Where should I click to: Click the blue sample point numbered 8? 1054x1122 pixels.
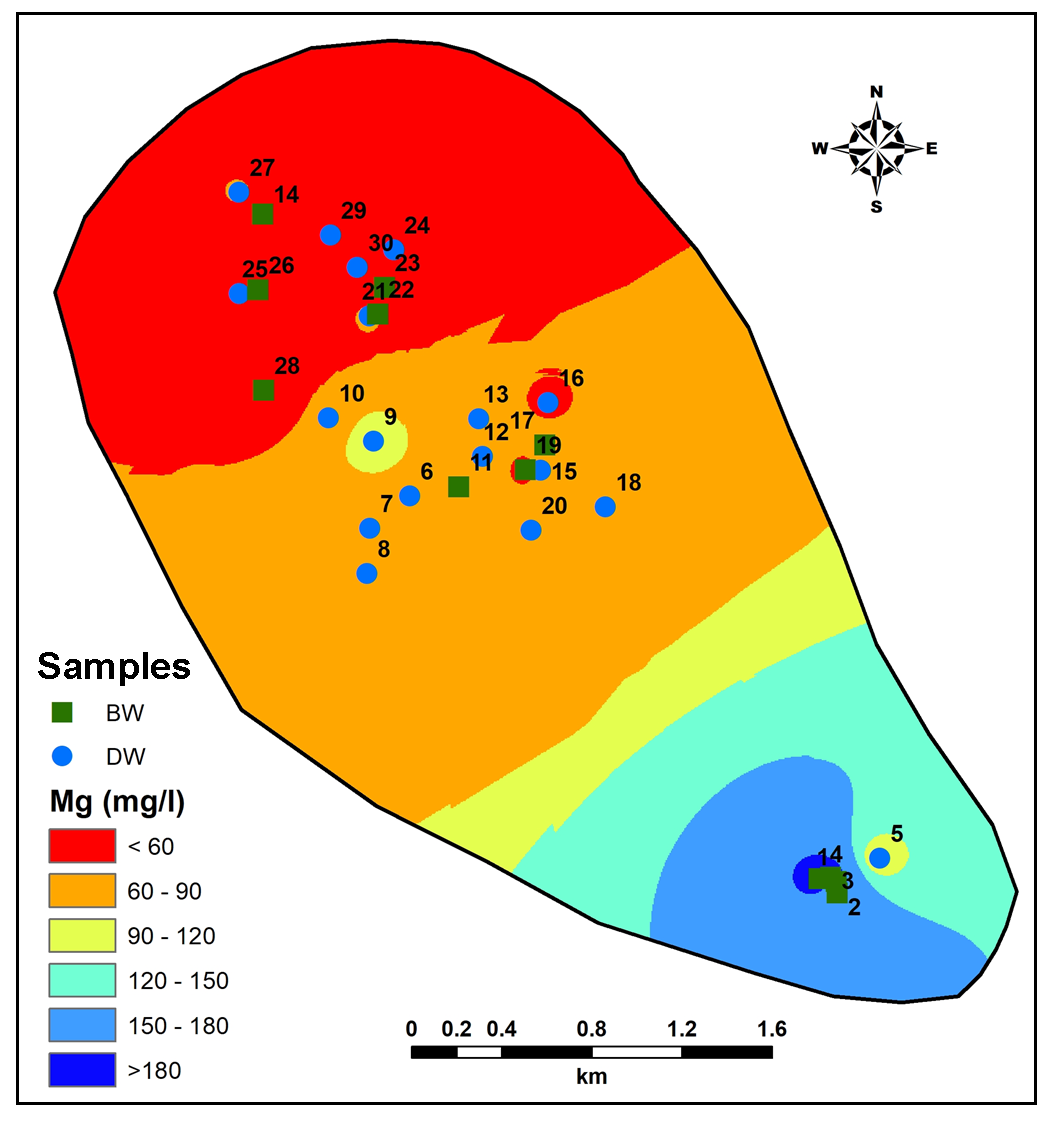click(x=367, y=573)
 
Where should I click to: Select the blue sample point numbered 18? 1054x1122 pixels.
click(x=605, y=507)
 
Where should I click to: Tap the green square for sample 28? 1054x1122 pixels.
click(x=263, y=390)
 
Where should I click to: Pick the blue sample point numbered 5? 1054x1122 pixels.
click(x=879, y=858)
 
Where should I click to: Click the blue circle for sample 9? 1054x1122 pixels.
click(x=373, y=441)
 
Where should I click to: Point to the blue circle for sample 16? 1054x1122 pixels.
click(x=548, y=402)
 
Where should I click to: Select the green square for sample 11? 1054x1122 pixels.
click(x=458, y=487)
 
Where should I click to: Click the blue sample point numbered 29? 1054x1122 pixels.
click(x=330, y=235)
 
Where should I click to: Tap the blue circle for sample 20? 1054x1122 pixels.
click(x=531, y=530)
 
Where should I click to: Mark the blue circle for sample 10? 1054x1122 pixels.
click(x=328, y=418)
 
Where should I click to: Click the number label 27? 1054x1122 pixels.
click(x=263, y=168)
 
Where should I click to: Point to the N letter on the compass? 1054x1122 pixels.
click(x=877, y=92)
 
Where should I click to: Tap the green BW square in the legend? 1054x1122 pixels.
click(x=63, y=712)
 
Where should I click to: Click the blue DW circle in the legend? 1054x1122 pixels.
click(x=63, y=756)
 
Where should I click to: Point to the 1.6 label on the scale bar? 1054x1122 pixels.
click(x=772, y=1029)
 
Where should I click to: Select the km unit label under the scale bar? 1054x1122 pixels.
click(x=592, y=1078)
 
